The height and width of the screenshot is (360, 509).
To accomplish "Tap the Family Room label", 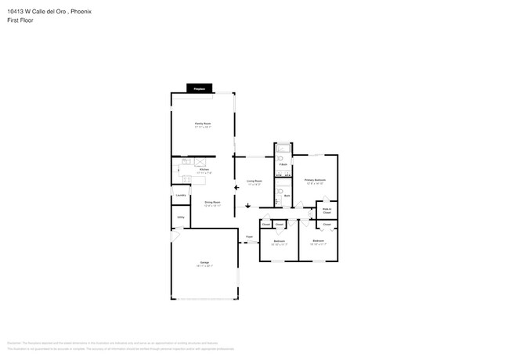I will (203, 124).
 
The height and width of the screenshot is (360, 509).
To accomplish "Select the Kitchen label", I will (204, 169).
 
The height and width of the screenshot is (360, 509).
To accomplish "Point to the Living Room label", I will (254, 181).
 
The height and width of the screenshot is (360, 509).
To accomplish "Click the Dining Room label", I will (212, 202).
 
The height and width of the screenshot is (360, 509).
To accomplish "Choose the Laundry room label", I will (180, 195).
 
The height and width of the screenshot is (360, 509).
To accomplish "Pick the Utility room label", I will (180, 217).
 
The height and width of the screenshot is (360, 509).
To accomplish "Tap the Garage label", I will (204, 262).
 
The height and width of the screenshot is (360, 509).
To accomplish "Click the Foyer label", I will (250, 236).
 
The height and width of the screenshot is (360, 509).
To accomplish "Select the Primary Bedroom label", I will (316, 180).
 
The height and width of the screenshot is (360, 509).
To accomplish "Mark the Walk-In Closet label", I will (327, 210).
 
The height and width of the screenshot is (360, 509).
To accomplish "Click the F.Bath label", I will (282, 164).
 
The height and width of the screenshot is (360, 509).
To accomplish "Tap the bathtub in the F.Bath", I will (283, 148).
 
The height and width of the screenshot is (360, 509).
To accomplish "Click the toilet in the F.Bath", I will (280, 157).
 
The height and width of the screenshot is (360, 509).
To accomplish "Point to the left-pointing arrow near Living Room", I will (236, 188).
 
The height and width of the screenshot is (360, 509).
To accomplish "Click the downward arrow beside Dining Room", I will (247, 206).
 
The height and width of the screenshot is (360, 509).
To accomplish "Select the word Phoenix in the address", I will (81, 10).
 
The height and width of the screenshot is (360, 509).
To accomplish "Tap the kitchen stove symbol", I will (186, 161).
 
